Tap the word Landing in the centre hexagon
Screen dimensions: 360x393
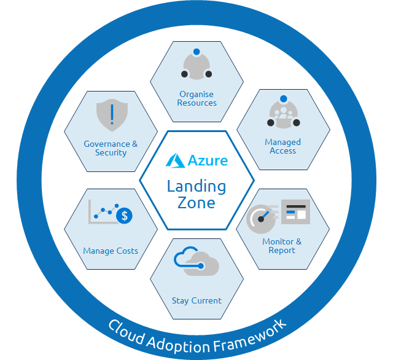[x=196, y=186]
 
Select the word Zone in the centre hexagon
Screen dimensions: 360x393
[x=196, y=203]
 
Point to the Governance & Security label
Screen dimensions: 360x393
[x=111, y=148]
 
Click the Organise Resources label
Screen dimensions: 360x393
[x=196, y=98]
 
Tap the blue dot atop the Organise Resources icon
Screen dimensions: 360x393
[x=196, y=52]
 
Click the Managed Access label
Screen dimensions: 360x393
[x=282, y=146]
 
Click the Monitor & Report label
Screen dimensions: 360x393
[x=282, y=246]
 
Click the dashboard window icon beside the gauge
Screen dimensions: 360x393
[x=295, y=213]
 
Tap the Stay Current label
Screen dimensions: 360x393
[x=196, y=300]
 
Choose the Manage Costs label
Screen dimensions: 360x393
[x=111, y=251]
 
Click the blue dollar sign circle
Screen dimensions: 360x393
[x=125, y=216]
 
